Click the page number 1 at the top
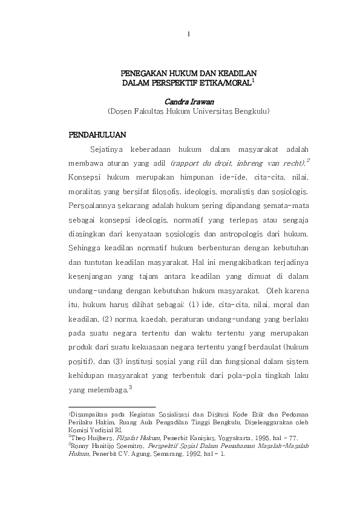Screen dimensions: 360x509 189,34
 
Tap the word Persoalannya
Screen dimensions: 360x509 91,206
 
